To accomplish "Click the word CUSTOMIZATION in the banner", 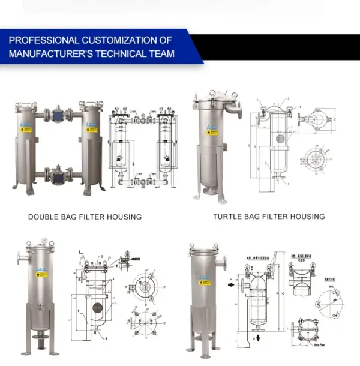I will [x=118, y=41].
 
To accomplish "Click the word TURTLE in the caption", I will [x=229, y=216].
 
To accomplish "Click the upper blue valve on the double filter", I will [x=58, y=115].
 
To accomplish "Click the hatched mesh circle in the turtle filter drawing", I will [x=279, y=139].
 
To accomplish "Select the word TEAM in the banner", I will [x=162, y=53].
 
